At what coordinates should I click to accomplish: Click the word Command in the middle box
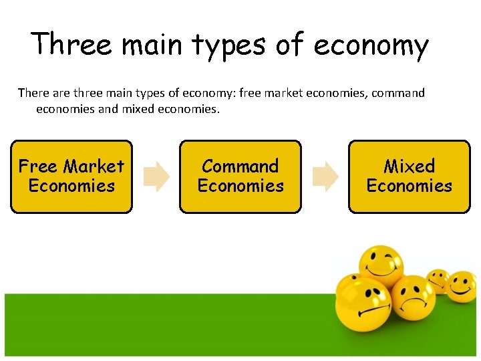[x=240, y=166]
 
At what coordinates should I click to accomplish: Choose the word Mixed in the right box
[x=410, y=166]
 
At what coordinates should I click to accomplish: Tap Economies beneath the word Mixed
[x=410, y=186]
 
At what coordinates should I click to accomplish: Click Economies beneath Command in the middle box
[x=240, y=186]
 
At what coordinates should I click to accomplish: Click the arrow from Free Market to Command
[x=158, y=176]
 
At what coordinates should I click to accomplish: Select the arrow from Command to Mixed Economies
[x=326, y=176]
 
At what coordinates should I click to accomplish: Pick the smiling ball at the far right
[x=461, y=286]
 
